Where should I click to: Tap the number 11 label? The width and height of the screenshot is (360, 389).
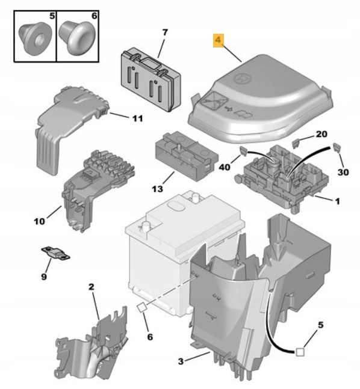tap(137, 118)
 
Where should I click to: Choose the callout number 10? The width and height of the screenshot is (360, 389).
tap(39, 221)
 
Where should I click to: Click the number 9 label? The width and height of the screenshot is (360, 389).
tap(43, 277)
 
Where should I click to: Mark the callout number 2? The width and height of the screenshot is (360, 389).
tap(92, 288)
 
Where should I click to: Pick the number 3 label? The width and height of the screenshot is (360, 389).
tap(181, 361)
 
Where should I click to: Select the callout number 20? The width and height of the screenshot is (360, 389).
tap(321, 133)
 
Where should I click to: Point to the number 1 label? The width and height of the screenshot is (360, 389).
tap(337, 201)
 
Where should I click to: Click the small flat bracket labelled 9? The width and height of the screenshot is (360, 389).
tap(55, 253)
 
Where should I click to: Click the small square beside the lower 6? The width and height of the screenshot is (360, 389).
tap(141, 307)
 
